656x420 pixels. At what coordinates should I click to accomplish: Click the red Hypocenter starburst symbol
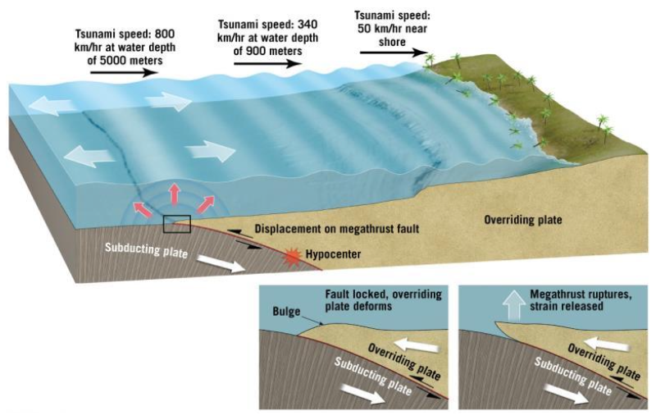[x=289, y=256]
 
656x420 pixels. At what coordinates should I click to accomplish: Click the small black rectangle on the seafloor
[x=176, y=222]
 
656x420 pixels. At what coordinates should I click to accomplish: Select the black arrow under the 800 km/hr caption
[x=122, y=72]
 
